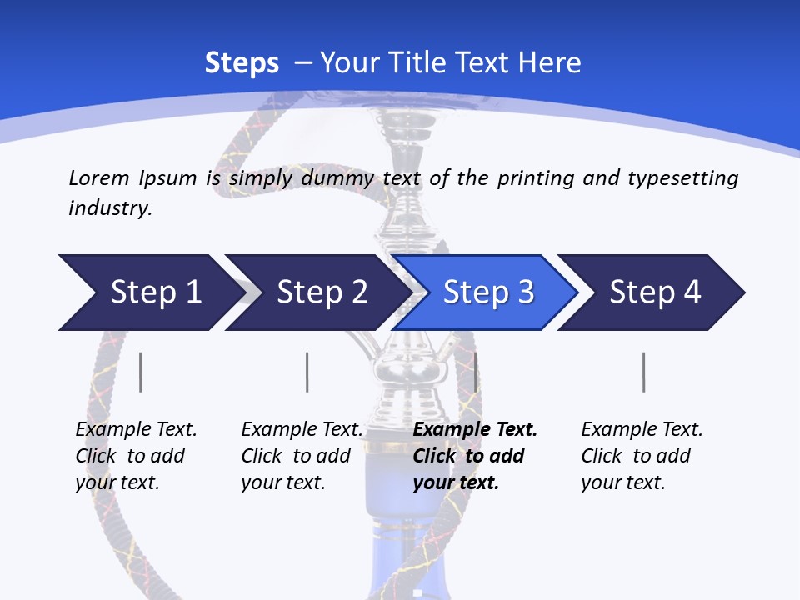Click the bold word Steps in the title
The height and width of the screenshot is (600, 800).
click(x=242, y=62)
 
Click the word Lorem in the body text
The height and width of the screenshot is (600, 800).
click(x=98, y=177)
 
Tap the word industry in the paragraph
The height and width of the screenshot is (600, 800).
click(x=109, y=207)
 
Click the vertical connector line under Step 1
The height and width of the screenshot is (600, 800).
click(x=140, y=372)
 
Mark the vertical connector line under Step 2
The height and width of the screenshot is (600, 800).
click(x=307, y=372)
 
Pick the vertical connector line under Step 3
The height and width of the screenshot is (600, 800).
click(x=475, y=372)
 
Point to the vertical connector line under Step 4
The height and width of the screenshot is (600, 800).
click(x=643, y=372)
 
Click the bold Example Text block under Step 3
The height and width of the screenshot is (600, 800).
click(x=475, y=456)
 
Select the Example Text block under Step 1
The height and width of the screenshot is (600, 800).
click(x=136, y=456)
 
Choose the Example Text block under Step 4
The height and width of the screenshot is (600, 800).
click(x=642, y=456)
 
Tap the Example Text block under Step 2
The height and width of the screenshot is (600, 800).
click(x=302, y=456)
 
